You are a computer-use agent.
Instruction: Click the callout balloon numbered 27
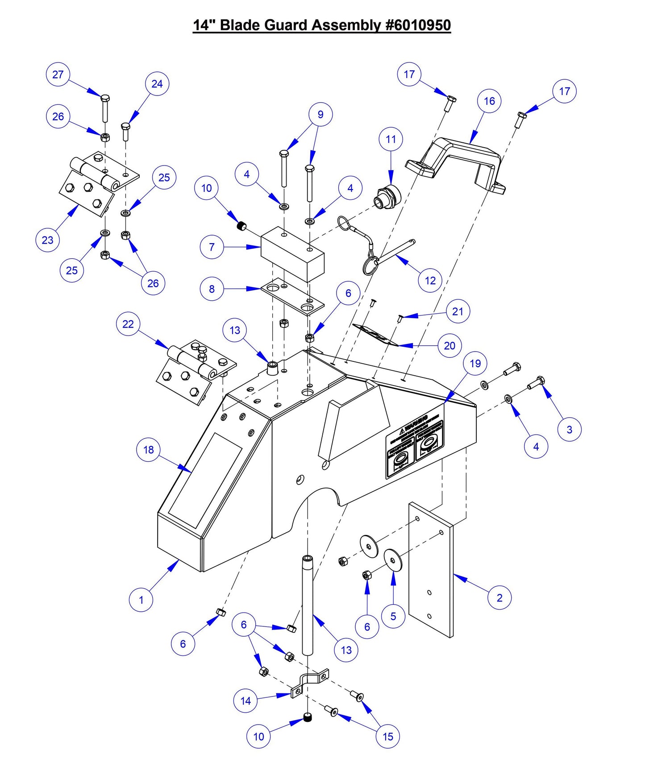coord(58,75)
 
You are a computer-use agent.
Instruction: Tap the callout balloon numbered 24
coord(157,84)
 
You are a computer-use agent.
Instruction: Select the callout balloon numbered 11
coord(391,139)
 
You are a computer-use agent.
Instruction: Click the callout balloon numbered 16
coord(489,101)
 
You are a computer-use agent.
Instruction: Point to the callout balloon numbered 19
coord(475,364)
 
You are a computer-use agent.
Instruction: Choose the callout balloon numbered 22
coord(128,324)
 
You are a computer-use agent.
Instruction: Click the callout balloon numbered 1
coord(141,600)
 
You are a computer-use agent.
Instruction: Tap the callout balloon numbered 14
coord(246,701)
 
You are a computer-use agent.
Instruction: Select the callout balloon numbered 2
coord(499,598)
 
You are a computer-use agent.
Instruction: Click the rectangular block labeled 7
coord(292,254)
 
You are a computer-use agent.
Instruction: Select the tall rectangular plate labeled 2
coord(431,571)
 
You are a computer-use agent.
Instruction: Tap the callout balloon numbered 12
coord(430,281)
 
